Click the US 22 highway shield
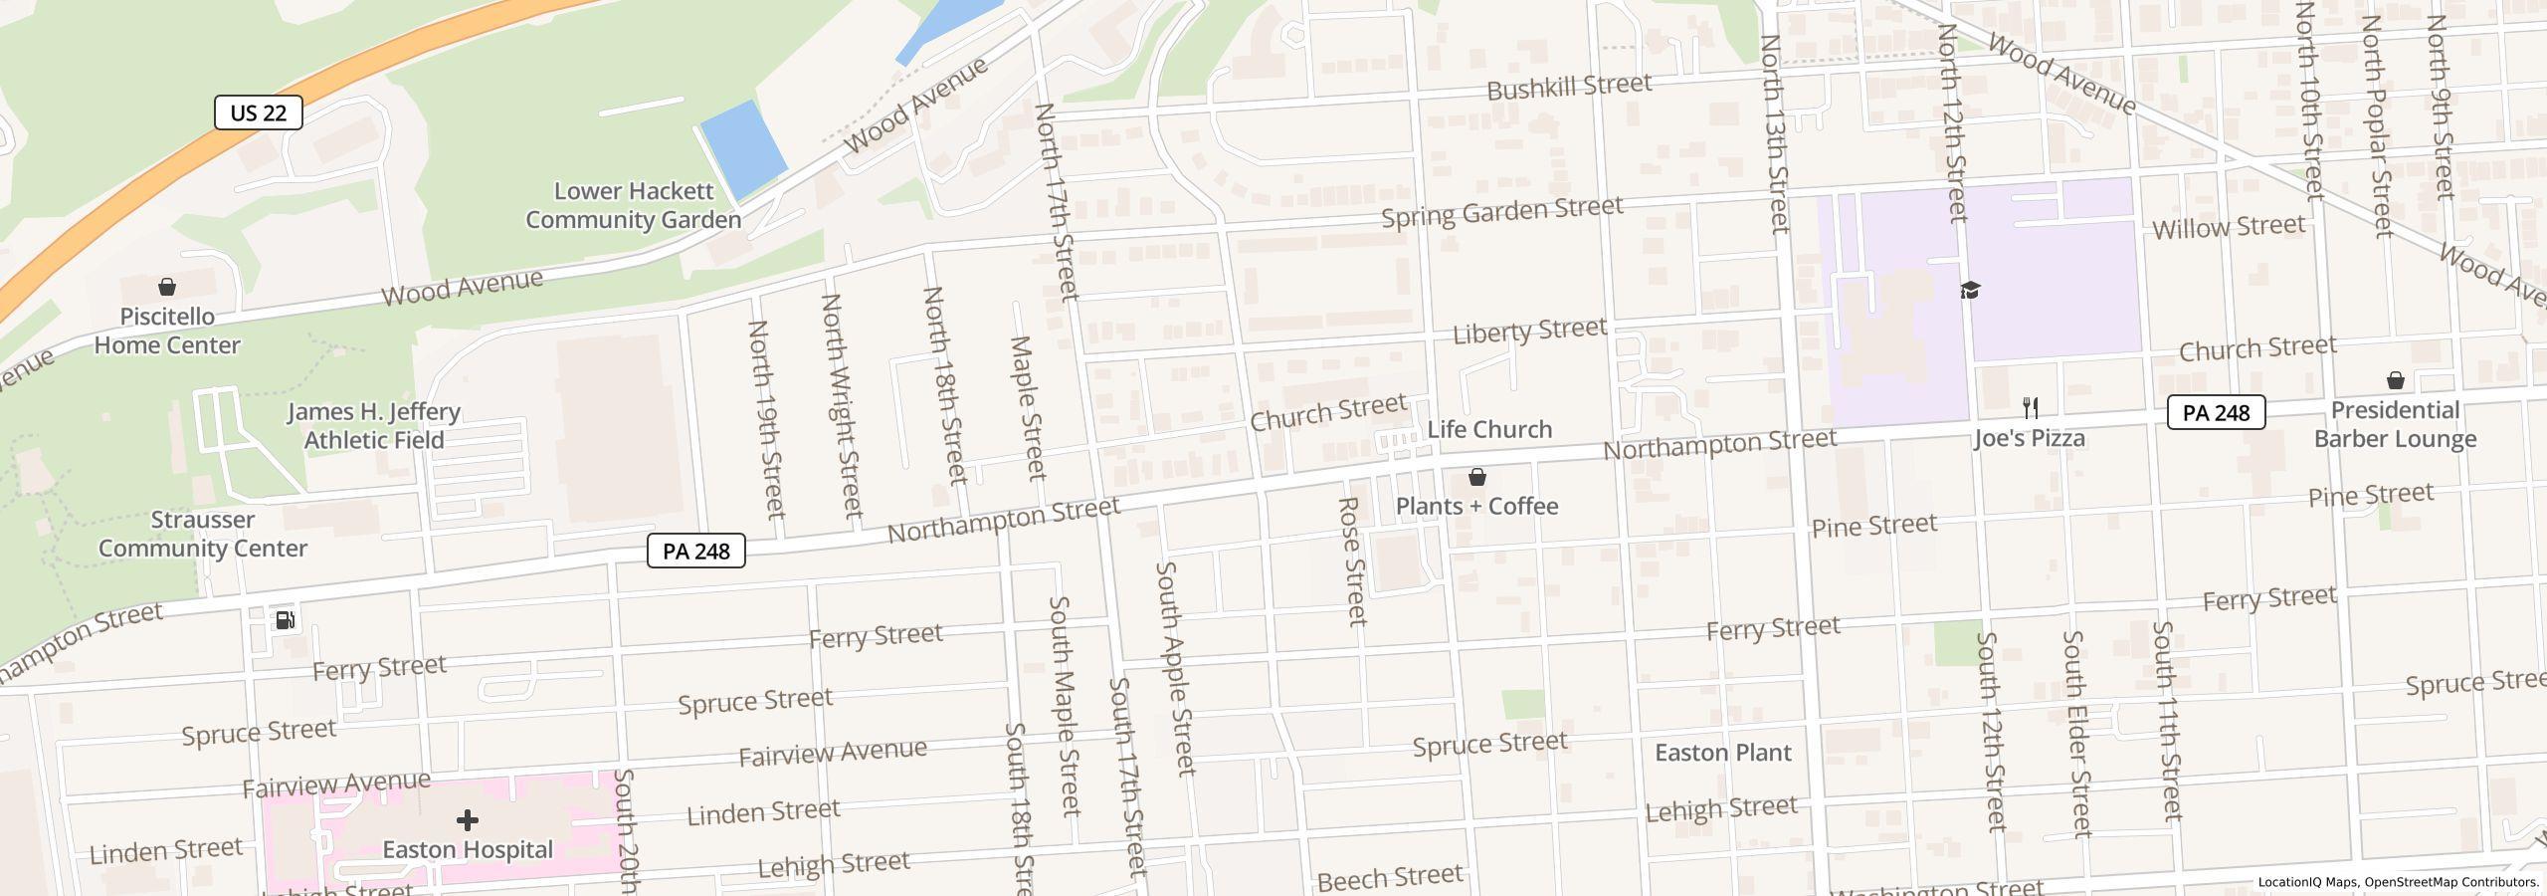(x=259, y=112)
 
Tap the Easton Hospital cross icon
(x=468, y=820)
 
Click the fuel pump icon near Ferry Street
(x=285, y=620)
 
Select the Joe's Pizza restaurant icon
(x=2031, y=408)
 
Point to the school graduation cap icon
(x=1970, y=290)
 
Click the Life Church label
(x=1489, y=430)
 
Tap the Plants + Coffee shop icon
(x=1477, y=478)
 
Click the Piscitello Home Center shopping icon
(x=167, y=288)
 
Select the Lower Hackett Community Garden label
(x=634, y=205)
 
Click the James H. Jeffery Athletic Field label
(x=374, y=426)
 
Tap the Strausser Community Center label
(x=203, y=534)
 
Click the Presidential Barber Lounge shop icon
(x=2396, y=381)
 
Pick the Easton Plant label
(x=1723, y=753)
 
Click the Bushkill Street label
(x=1569, y=88)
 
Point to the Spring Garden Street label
(x=1502, y=212)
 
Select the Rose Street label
(x=1352, y=561)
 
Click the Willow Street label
(x=2229, y=228)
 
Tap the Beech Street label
(x=1390, y=877)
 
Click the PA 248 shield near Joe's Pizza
(x=2216, y=412)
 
